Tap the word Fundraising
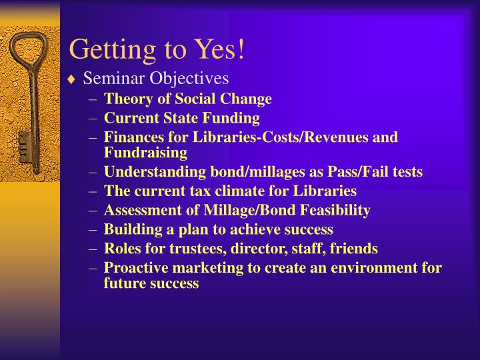(145, 152)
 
